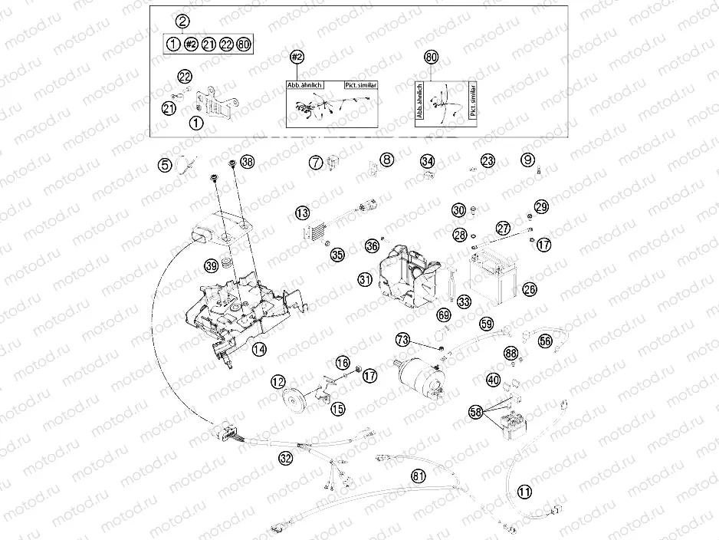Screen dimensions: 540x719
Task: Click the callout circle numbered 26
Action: (x=529, y=289)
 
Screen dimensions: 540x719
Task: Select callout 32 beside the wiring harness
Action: (x=285, y=459)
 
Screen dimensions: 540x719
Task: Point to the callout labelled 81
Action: (x=418, y=476)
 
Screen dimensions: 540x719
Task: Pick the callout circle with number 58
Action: (x=475, y=413)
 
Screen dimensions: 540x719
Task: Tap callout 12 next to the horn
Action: (x=277, y=381)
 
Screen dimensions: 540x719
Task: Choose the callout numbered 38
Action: (x=246, y=162)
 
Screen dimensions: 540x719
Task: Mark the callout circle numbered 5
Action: (x=165, y=163)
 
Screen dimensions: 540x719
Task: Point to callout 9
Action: (x=527, y=160)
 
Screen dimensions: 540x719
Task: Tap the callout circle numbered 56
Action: (x=545, y=341)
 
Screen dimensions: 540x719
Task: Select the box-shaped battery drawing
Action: (x=493, y=277)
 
